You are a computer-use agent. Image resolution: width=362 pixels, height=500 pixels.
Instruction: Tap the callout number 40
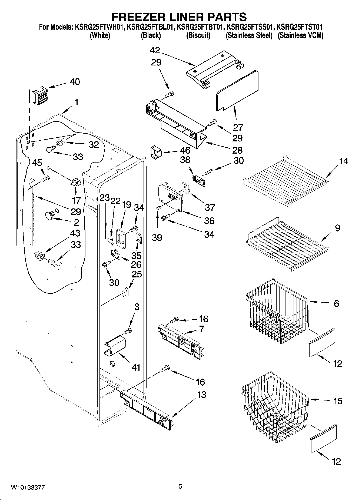coord(75,82)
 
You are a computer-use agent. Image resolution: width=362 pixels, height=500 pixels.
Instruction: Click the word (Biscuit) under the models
coord(198,35)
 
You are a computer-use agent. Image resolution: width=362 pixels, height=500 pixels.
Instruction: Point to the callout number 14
coord(343,161)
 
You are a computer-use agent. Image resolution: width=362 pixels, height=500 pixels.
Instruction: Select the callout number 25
coord(137,274)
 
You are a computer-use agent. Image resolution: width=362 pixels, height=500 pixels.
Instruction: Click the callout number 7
coord(201,329)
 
